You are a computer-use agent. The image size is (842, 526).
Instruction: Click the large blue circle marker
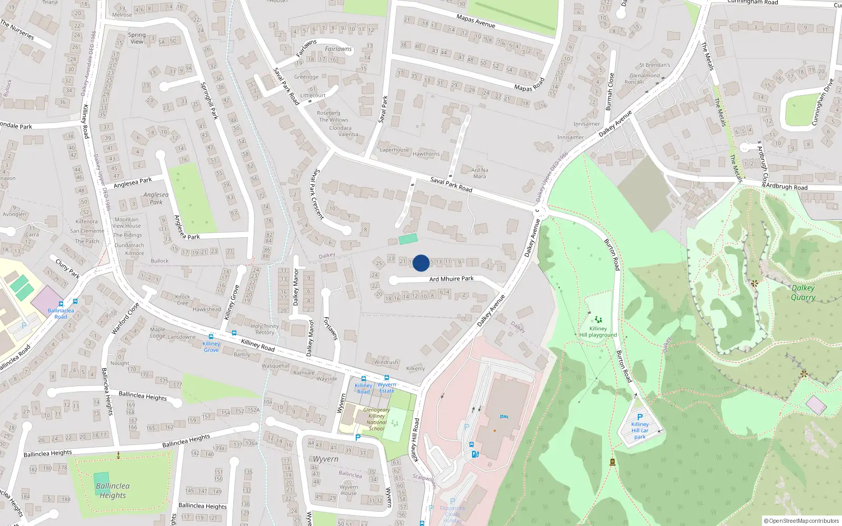(421, 263)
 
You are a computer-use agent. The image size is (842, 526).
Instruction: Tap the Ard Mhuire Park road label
(451, 279)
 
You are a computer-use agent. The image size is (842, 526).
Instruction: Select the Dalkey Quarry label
(803, 292)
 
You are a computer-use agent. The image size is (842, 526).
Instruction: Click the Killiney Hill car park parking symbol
(640, 417)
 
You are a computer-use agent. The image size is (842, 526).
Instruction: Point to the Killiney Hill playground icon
(598, 319)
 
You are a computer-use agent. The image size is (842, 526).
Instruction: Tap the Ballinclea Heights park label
(113, 490)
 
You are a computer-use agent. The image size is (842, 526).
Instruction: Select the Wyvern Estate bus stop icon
(387, 378)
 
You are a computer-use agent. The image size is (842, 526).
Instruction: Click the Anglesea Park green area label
(156, 198)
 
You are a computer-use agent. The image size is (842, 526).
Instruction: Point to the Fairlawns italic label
(338, 49)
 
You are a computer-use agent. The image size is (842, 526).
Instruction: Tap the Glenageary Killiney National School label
(376, 419)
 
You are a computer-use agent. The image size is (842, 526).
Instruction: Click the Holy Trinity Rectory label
(265, 329)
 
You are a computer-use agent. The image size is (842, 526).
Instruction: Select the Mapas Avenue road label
(476, 21)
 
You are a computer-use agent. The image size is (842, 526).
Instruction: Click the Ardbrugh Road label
(786, 187)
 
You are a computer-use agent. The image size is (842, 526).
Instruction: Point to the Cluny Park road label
(67, 267)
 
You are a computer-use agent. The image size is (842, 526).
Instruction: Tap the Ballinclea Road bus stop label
(61, 313)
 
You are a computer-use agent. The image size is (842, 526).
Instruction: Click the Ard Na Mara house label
(479, 173)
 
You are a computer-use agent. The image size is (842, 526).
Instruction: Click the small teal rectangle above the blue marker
(408, 239)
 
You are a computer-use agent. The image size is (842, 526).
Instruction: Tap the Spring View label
(137, 38)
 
